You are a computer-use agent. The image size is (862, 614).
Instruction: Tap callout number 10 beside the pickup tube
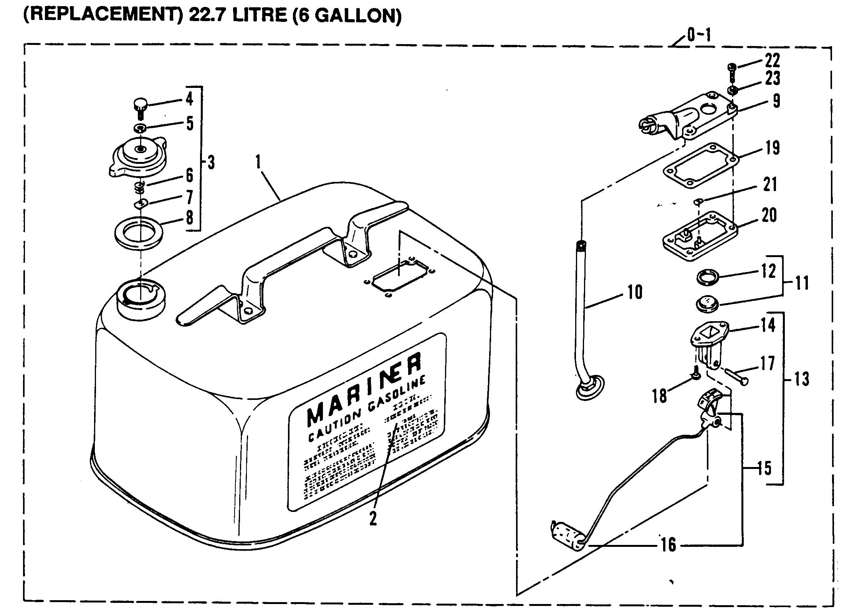(x=634, y=292)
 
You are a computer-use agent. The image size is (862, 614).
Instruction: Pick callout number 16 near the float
(x=668, y=544)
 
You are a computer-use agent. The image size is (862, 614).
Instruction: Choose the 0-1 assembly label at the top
(x=699, y=36)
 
